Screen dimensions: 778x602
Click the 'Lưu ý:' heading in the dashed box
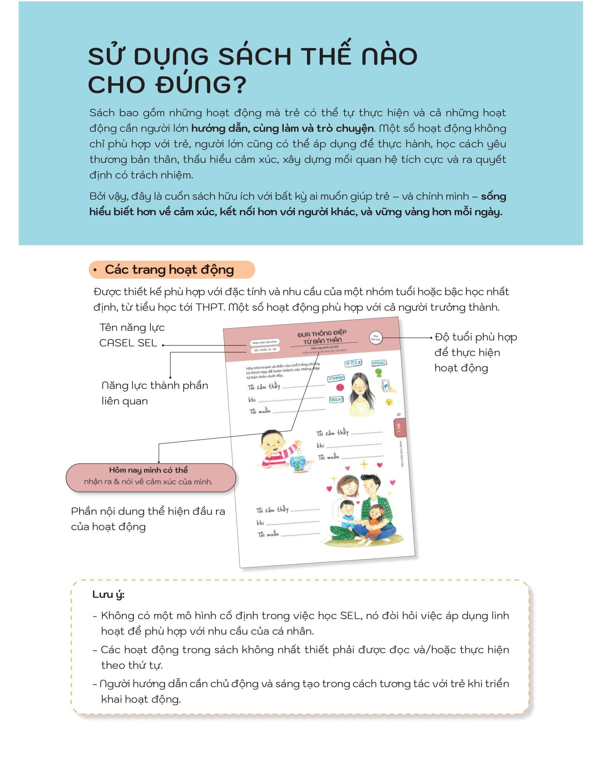pyautogui.click(x=108, y=594)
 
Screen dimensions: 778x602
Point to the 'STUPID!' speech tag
pyautogui.click(x=336, y=378)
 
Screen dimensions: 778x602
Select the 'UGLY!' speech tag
pyautogui.click(x=336, y=400)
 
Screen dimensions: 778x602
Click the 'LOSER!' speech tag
pyautogui.click(x=379, y=363)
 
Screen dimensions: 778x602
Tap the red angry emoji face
pyautogui.click(x=340, y=387)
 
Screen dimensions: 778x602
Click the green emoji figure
pyautogui.click(x=378, y=373)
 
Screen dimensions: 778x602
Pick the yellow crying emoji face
pyautogui.click(x=389, y=402)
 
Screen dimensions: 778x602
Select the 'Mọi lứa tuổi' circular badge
pyautogui.click(x=375, y=337)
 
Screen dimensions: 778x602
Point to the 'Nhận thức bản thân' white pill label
pyautogui.click(x=264, y=343)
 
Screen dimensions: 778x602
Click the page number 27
pyautogui.click(x=398, y=415)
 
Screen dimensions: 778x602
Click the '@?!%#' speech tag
pyautogui.click(x=353, y=363)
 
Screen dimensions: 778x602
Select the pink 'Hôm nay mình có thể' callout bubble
pyautogui.click(x=151, y=477)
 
